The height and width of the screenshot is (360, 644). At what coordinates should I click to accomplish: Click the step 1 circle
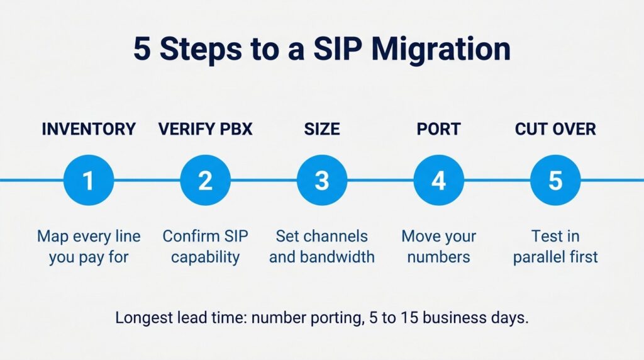coord(89,180)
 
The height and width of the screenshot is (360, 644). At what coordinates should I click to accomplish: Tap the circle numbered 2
coord(206,180)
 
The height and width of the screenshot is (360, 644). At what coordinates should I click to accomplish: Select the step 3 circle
coord(322,180)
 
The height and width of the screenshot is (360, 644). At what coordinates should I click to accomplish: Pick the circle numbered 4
coord(438,180)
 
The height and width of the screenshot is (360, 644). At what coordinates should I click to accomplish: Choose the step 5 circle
coord(555,180)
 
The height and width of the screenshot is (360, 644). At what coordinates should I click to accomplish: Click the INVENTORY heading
coord(89,129)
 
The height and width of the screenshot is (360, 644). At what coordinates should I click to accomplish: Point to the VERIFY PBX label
coord(206,129)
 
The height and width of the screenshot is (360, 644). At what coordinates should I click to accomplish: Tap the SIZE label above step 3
coord(322,129)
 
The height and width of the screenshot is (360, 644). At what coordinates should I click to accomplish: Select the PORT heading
coord(438,129)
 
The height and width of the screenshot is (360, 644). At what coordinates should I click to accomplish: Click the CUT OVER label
coord(555,129)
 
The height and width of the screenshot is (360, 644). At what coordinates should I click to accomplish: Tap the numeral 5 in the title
coord(142,49)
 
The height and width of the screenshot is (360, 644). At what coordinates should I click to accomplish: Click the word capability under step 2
coord(206,257)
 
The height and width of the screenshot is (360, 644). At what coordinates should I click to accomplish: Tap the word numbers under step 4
coord(438,257)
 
